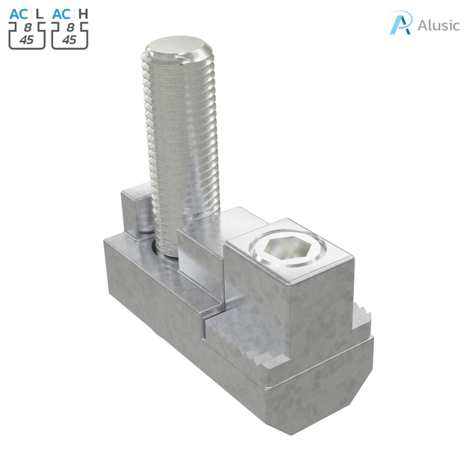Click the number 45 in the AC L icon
tap(27, 40)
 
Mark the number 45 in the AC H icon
tap(70, 40)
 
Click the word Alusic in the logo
tap(439, 25)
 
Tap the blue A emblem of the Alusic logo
tap(402, 23)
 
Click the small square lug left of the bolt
tap(134, 211)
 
